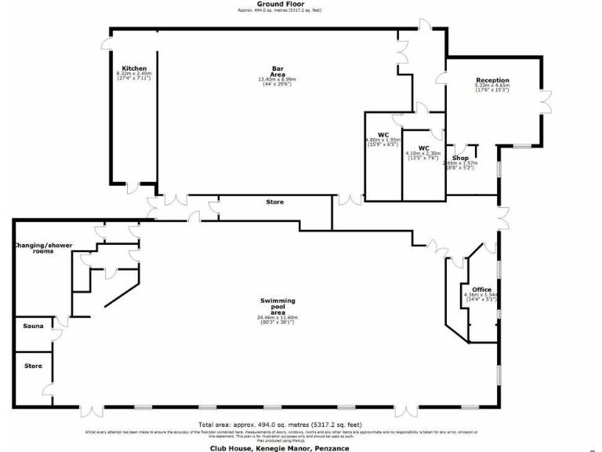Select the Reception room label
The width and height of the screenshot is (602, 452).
pos(492,80)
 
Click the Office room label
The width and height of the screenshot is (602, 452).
pos(481,290)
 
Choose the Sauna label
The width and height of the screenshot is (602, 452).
pos(33,325)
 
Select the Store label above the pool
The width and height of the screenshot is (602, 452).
pos(274,202)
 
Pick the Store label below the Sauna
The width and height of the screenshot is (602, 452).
pos(33,366)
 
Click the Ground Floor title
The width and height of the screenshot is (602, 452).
pos(279,4)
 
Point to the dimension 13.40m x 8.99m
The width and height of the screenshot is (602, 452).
pos(277,79)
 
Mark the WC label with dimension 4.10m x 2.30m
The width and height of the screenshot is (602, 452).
pos(423,148)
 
